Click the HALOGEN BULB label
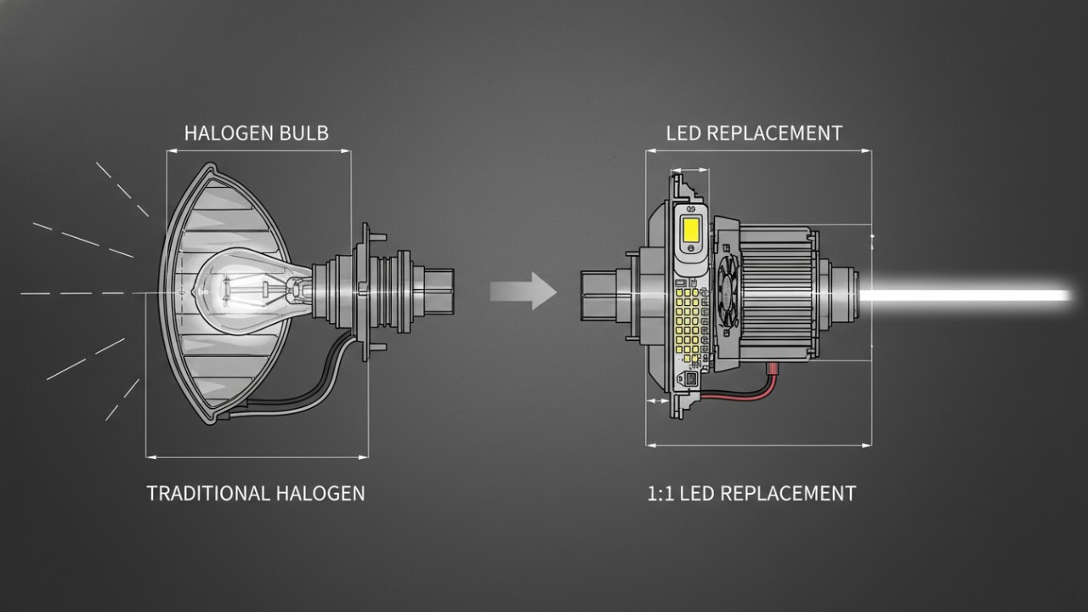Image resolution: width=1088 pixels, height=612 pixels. [256, 133]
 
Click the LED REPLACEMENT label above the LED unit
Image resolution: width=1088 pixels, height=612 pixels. [754, 133]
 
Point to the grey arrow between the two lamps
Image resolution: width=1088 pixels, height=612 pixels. [524, 291]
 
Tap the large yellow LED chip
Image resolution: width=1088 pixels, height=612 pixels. [690, 229]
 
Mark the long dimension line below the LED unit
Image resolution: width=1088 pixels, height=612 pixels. [759, 444]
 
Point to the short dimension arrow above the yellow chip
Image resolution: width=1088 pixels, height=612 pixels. [689, 169]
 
